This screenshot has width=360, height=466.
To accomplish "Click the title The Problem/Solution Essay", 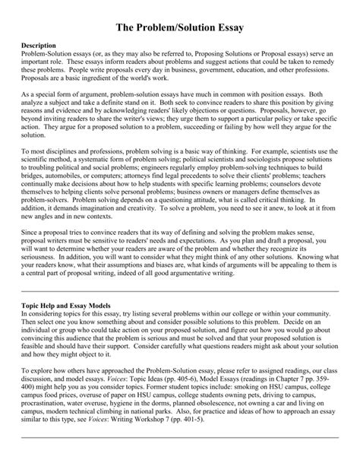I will [180, 27].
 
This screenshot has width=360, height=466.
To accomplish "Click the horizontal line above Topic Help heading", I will [180, 291].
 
